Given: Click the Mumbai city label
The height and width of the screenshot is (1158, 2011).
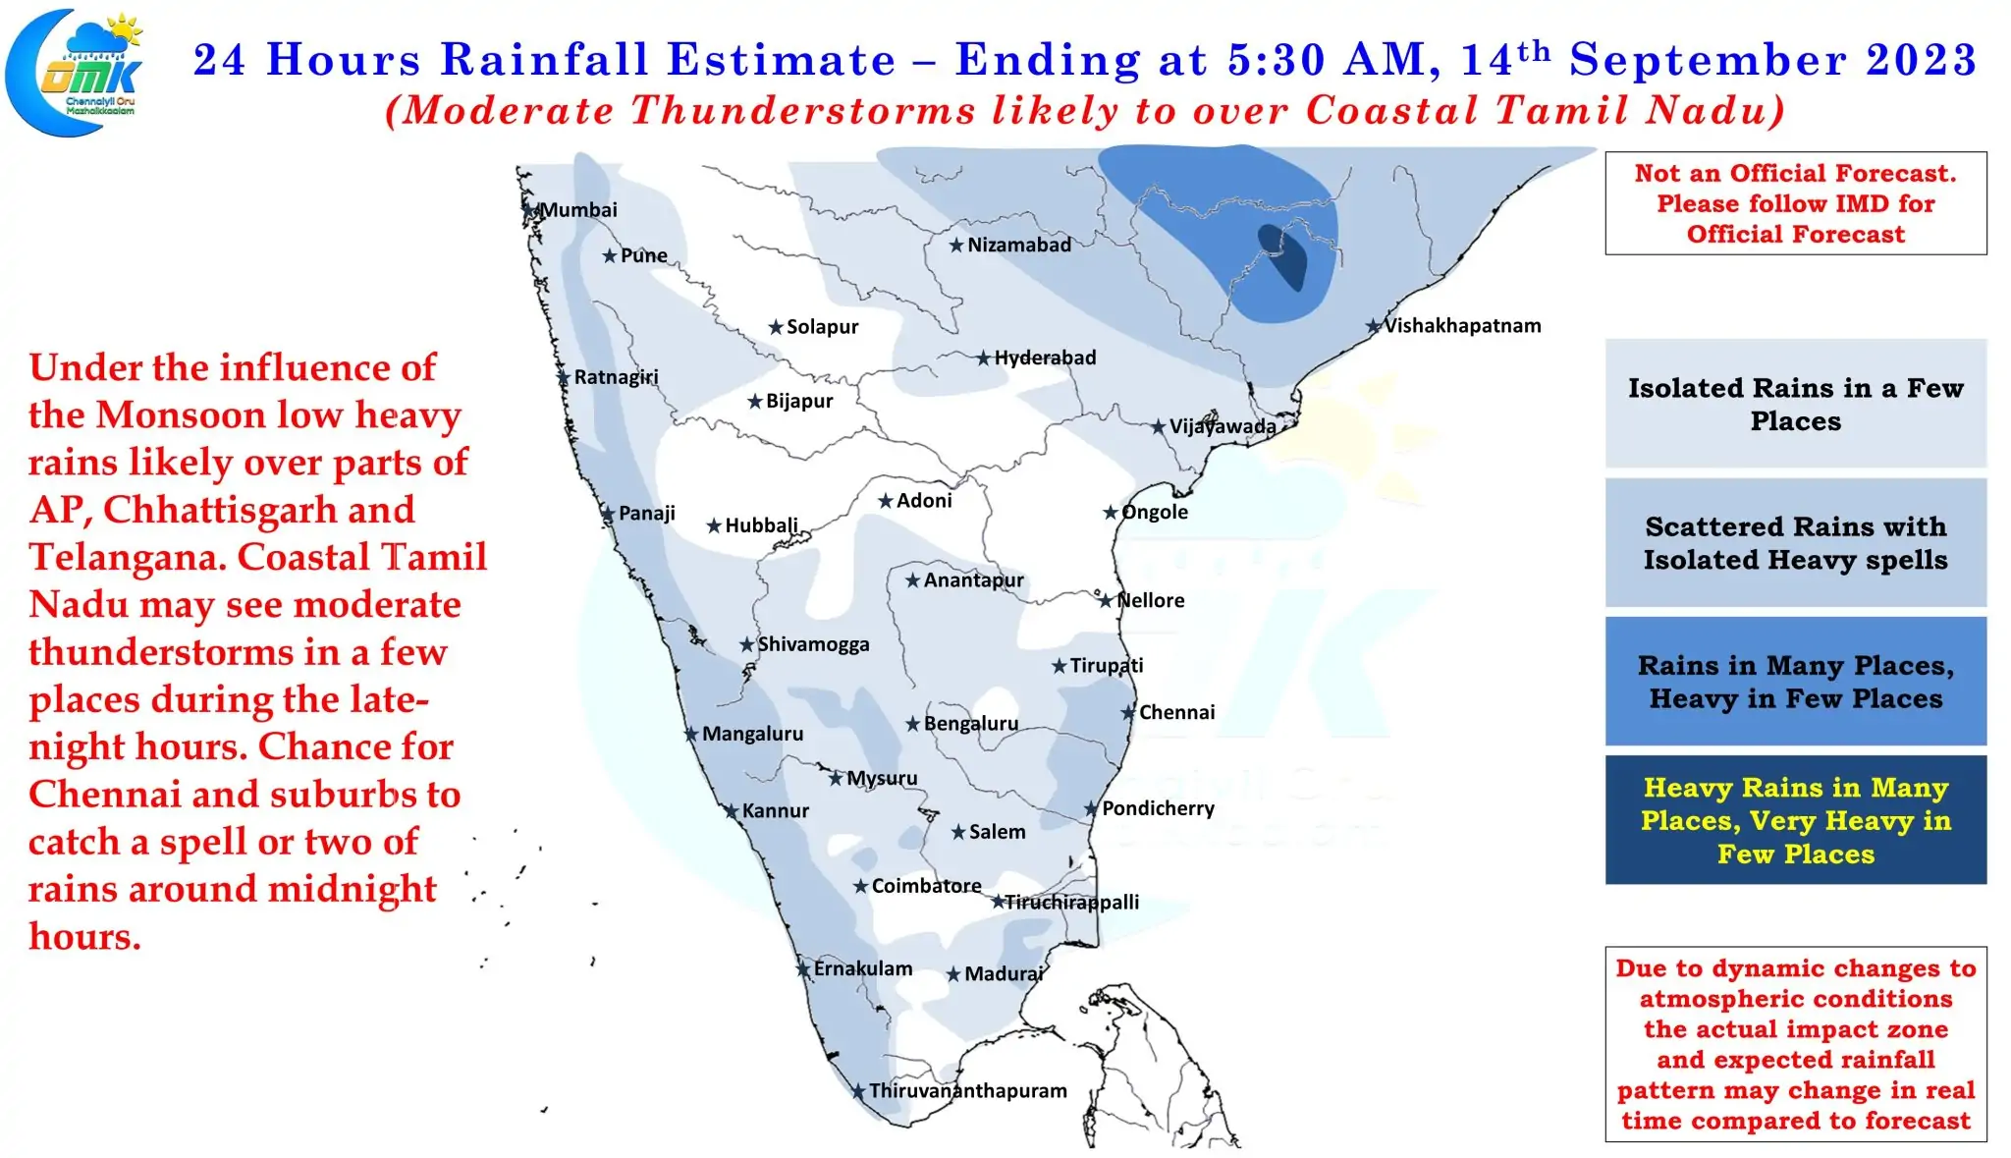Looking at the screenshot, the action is point(578,209).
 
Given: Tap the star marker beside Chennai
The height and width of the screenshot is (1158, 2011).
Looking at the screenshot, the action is point(1128,713).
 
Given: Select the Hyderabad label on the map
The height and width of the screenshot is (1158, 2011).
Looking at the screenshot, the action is point(1045,358).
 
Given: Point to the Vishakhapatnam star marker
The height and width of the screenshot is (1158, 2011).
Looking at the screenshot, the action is point(1374,326).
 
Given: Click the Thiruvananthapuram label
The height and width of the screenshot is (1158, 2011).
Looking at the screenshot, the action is point(967,1090).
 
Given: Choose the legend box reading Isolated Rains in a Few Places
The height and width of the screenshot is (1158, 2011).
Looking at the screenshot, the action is point(1795,404).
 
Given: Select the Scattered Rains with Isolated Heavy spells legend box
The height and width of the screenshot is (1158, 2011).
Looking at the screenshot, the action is point(1795,542).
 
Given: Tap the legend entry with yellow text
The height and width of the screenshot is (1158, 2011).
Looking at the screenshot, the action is point(1795,820).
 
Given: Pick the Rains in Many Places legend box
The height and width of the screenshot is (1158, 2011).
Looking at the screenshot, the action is point(1795,681).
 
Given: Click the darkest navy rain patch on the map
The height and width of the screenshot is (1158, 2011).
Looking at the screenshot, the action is point(1284,256).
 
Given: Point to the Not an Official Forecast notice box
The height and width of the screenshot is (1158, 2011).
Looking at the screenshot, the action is point(1795,203).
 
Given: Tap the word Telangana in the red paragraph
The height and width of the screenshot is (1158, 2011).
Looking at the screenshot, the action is point(127,557).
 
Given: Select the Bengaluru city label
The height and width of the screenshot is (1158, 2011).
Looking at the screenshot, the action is point(971,724).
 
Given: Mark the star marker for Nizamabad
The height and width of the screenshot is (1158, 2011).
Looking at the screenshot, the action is point(956,246).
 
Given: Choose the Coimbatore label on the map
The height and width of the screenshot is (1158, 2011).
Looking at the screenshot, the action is point(926,886).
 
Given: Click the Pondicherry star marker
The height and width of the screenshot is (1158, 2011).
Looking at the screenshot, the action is point(1091,809).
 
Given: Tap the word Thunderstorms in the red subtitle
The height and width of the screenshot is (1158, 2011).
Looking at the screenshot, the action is point(802,110).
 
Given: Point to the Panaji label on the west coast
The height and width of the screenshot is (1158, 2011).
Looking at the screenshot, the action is point(646,514).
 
